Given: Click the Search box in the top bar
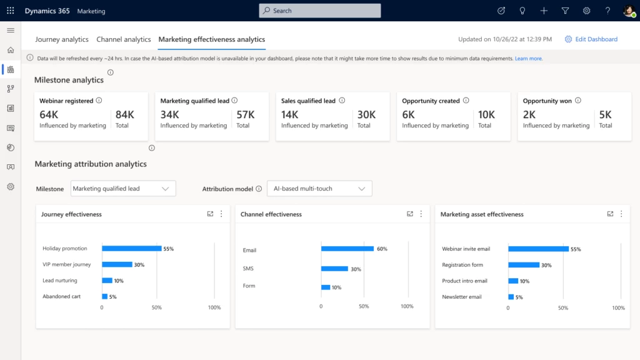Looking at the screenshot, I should pyautogui.click(x=319, y=11).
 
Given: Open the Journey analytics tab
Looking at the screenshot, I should pyautogui.click(x=62, y=39).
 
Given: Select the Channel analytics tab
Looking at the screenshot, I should pyautogui.click(x=124, y=39).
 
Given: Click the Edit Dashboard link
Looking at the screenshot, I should pyautogui.click(x=596, y=39).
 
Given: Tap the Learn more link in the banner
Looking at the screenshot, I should pyautogui.click(x=529, y=58).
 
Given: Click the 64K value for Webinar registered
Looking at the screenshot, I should pyautogui.click(x=49, y=114).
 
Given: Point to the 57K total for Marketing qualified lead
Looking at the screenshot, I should pyautogui.click(x=246, y=114).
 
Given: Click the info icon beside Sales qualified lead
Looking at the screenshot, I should pyautogui.click(x=342, y=101).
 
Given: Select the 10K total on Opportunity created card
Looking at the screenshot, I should pyautogui.click(x=486, y=114).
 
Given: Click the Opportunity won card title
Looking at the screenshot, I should pyautogui.click(x=547, y=101).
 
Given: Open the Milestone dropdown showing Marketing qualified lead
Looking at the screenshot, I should pyautogui.click(x=123, y=188).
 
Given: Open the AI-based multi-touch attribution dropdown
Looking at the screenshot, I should pyautogui.click(x=319, y=188).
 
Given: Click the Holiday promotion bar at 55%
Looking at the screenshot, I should pyautogui.click(x=131, y=249).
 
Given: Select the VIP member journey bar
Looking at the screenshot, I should pyautogui.click(x=117, y=264).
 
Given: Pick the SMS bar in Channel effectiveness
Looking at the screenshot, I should pyautogui.click(x=334, y=269).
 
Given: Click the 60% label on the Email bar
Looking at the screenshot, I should pyautogui.click(x=382, y=249).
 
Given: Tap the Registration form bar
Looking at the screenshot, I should pyautogui.click(x=524, y=265).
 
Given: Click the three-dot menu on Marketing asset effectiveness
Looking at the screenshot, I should pyautogui.click(x=621, y=214).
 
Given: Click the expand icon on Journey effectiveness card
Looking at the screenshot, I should pyautogui.click(x=211, y=214).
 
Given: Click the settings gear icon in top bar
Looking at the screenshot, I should pyautogui.click(x=586, y=11).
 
